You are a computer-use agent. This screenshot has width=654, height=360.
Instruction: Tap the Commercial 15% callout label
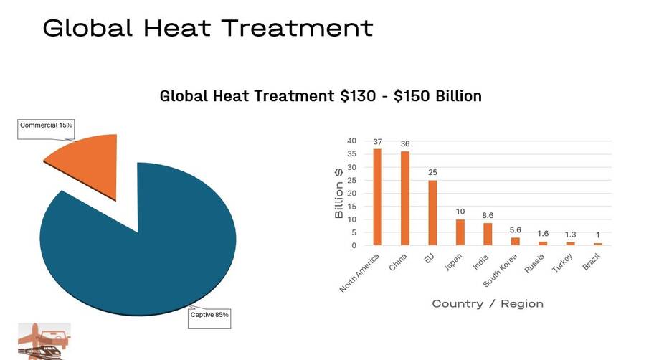click(46, 125)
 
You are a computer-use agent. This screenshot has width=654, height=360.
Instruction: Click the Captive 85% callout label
click(209, 315)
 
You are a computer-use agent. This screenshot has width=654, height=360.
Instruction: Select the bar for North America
click(377, 197)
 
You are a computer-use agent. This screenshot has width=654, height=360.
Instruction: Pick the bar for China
click(405, 198)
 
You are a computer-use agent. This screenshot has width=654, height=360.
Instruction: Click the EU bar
click(432, 213)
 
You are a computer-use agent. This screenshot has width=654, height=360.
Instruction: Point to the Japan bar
click(460, 232)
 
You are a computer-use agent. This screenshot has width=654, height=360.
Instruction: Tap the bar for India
click(488, 234)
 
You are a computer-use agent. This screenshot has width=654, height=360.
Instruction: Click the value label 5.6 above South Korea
click(515, 230)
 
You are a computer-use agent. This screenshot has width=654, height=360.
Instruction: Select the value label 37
click(377, 142)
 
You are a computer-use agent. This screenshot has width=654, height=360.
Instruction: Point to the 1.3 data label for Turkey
click(570, 235)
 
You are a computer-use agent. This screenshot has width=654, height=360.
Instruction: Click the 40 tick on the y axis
click(351, 141)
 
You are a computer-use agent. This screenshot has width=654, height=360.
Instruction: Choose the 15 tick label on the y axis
click(351, 207)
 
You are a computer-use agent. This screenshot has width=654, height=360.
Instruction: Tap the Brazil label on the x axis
click(592, 262)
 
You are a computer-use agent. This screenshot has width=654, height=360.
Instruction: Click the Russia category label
click(534, 263)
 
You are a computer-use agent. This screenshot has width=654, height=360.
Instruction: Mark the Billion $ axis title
click(338, 193)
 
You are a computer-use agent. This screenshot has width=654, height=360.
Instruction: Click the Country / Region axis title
click(488, 303)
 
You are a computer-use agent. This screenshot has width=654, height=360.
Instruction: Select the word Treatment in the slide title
click(298, 28)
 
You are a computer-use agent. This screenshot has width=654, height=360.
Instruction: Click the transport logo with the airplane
click(44, 341)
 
